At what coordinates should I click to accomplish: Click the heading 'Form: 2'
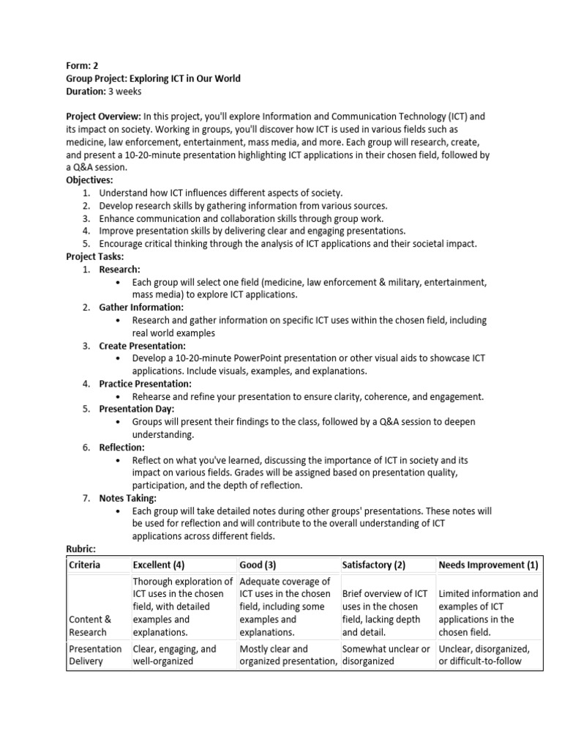[83, 65]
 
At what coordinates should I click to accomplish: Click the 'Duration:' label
[87, 92]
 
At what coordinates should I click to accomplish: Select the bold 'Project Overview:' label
[103, 116]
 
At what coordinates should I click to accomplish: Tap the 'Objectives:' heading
[91, 179]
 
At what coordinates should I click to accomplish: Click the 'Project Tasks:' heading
[95, 256]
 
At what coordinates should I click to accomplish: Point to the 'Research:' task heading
[119, 270]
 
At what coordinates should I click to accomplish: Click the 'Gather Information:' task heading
[141, 308]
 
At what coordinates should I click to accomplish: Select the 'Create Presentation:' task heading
[143, 346]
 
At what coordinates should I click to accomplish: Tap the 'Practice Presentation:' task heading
[146, 384]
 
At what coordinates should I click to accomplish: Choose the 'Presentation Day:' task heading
[137, 409]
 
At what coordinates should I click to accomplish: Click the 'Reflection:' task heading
[122, 448]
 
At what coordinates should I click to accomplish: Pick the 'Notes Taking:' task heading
[128, 498]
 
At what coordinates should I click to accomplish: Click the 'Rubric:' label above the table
[81, 549]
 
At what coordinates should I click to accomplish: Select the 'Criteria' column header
[85, 565]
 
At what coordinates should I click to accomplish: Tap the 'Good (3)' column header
[258, 565]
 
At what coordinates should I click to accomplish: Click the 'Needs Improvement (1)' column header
[487, 565]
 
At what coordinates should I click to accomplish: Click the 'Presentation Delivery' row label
[95, 655]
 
